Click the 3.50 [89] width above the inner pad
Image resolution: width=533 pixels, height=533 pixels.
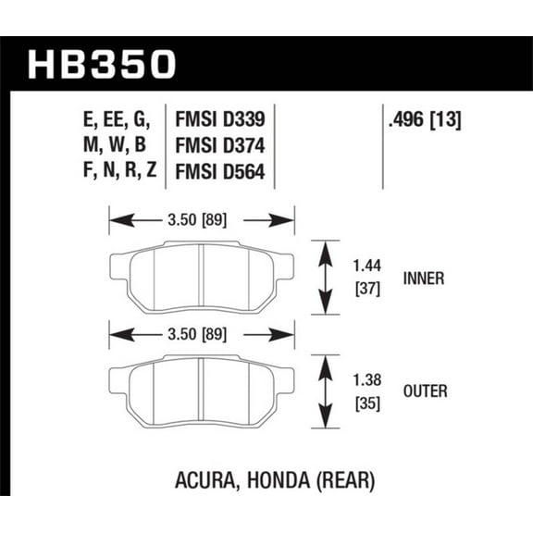point(201,220)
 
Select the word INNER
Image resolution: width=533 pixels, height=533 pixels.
point(424,277)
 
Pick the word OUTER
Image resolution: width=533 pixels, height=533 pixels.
point(425,391)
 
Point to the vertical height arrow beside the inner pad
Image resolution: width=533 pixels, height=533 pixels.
point(323,277)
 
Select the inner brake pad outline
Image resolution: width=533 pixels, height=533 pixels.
point(201,278)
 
